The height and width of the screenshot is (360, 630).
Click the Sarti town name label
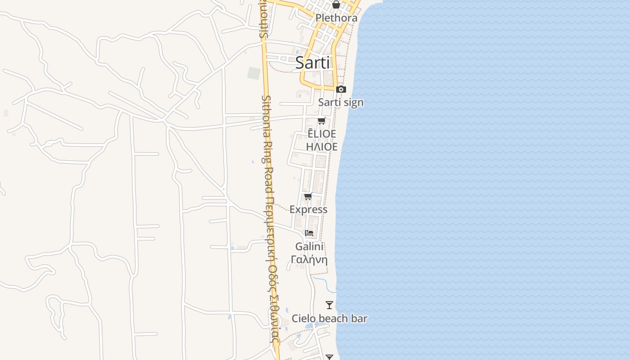313,63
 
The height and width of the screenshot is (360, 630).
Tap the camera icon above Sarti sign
341,89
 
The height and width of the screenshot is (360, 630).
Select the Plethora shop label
336,18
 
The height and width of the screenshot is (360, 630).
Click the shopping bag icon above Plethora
336,5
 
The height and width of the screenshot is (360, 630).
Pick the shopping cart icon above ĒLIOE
321,121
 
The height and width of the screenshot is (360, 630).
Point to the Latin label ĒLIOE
321,134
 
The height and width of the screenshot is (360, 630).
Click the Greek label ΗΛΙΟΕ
321,147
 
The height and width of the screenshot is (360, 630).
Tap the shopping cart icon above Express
308,197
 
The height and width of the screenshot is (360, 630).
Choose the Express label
308,210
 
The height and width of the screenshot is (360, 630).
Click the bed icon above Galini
309,233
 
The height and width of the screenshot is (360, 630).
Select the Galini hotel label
309,247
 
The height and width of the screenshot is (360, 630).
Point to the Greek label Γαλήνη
309,260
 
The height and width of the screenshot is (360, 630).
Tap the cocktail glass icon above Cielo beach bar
329,305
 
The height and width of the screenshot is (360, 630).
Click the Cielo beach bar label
329,319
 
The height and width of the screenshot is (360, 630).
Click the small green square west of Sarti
254,73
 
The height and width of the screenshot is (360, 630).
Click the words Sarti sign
341,103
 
